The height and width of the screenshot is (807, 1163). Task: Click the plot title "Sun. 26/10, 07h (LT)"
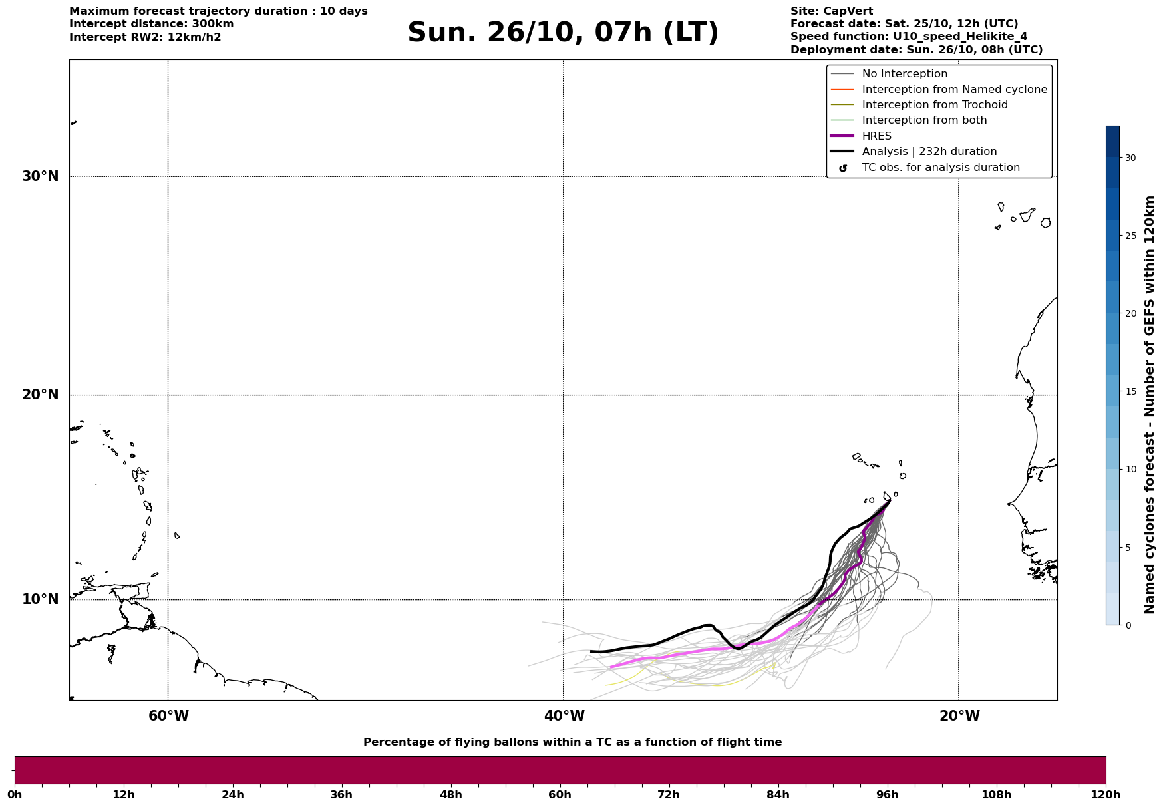click(563, 33)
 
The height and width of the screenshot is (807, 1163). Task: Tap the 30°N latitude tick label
click(41, 176)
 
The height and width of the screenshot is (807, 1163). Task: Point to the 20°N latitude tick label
click(41, 395)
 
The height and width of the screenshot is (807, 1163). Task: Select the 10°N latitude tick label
click(41, 599)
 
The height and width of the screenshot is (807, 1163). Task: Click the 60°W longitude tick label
click(168, 716)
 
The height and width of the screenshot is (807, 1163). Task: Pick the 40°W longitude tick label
click(564, 716)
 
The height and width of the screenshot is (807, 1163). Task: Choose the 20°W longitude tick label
click(959, 716)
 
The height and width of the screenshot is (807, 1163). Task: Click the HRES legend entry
click(876, 136)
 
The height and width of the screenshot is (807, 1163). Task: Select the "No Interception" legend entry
click(904, 74)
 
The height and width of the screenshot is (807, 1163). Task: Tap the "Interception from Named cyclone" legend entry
click(954, 90)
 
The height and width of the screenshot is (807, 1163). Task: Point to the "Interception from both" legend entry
click(924, 120)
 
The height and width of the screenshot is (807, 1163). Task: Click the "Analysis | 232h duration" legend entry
click(929, 152)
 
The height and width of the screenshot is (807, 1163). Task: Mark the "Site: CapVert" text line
click(832, 11)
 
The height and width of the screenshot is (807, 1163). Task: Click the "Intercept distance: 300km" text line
click(152, 24)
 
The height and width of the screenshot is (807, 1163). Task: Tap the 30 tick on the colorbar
click(1130, 158)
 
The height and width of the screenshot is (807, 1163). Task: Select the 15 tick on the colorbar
click(1130, 391)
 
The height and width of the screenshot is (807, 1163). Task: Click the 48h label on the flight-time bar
click(450, 795)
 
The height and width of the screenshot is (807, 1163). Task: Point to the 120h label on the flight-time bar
click(1106, 795)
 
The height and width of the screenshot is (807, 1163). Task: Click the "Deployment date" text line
click(916, 50)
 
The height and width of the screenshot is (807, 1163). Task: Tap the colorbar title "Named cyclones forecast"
click(1149, 404)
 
